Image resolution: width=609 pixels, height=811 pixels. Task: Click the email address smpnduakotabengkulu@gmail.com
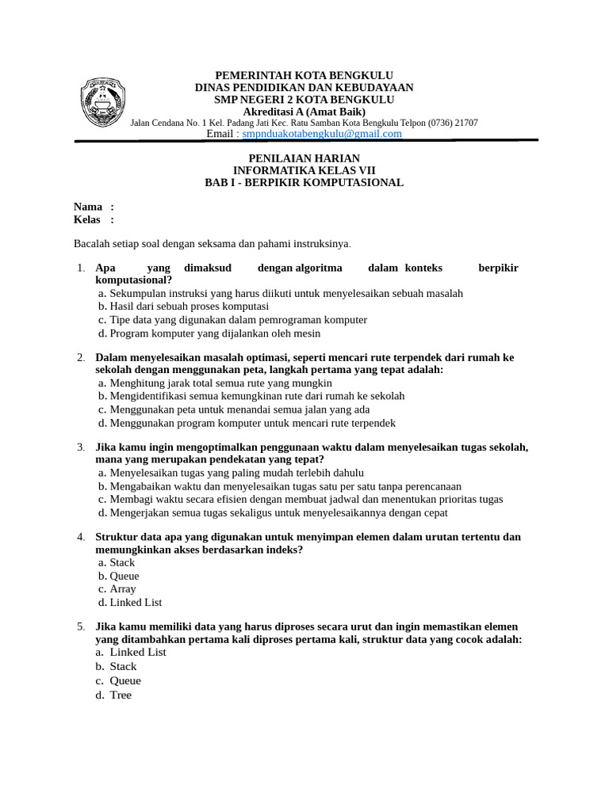point(322,134)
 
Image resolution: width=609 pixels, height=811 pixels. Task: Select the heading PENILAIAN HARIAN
point(304,158)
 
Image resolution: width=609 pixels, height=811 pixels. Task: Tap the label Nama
point(88,207)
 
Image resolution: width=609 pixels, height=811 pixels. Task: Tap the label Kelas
point(87,219)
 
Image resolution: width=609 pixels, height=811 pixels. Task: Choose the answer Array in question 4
point(123,588)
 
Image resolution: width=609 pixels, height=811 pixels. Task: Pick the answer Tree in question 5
point(121,695)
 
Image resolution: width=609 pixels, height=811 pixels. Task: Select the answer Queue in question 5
point(125,680)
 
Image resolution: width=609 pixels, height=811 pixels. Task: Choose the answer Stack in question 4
point(122,562)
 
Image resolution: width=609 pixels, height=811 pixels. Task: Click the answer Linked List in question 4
point(136,602)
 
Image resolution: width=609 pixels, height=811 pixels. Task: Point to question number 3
point(81,447)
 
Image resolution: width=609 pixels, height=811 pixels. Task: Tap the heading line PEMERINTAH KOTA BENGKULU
point(304,75)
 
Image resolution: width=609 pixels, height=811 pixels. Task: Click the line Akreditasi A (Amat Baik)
point(304,112)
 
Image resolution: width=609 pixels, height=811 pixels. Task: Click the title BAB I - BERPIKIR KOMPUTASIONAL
point(304,182)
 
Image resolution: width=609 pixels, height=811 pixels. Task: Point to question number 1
point(81,268)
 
